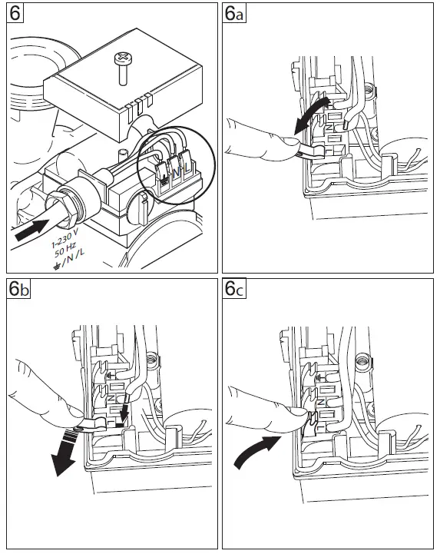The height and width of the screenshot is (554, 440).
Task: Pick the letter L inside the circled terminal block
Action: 187,164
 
